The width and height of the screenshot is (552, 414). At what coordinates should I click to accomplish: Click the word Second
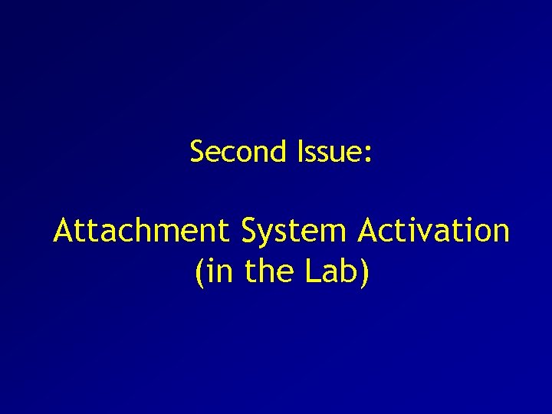[x=238, y=152]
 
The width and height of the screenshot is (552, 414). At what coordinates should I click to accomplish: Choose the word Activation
[x=433, y=230]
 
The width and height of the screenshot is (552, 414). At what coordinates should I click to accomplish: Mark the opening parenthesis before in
[x=200, y=272]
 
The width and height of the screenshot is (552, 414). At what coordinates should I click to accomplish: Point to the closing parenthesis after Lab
[x=364, y=272]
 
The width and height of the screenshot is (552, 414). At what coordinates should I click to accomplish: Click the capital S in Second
[x=197, y=152]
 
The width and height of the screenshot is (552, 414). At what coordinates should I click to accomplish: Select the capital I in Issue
[x=299, y=152]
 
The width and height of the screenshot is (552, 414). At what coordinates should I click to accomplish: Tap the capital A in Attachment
[x=64, y=230]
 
